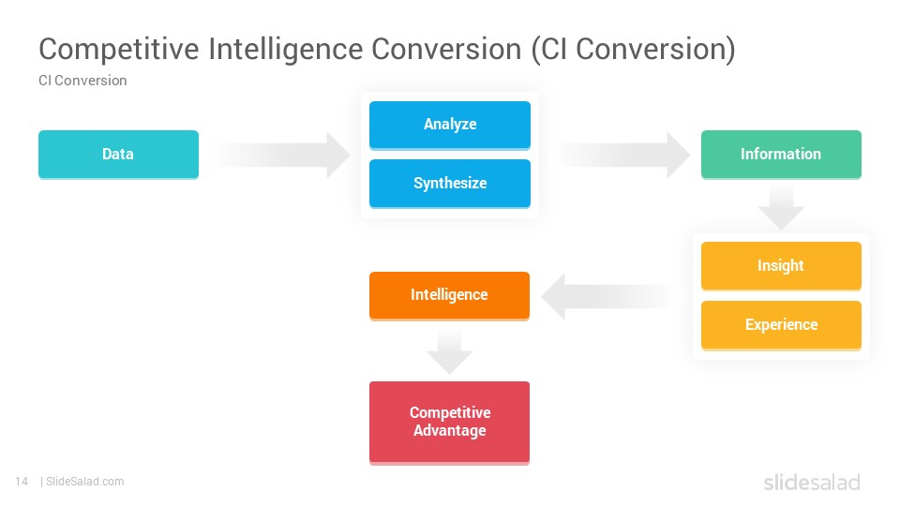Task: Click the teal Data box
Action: [x=118, y=155]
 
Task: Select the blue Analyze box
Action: [x=450, y=125]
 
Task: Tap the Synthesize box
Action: [x=450, y=184]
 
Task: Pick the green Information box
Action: [x=781, y=155]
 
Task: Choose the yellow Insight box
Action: [x=781, y=266]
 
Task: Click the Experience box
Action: [x=781, y=325]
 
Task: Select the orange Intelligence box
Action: [x=449, y=296]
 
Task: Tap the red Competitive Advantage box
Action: [x=449, y=423]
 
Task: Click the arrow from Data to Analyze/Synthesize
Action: [x=281, y=155]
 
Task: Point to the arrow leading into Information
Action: [x=622, y=155]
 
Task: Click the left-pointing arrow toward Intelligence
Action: [x=609, y=297]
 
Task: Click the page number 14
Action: [x=22, y=482]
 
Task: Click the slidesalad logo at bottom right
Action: [x=812, y=483]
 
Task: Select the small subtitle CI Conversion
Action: [x=82, y=81]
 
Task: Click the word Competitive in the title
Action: [x=119, y=50]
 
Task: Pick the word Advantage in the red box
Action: [x=449, y=431]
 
